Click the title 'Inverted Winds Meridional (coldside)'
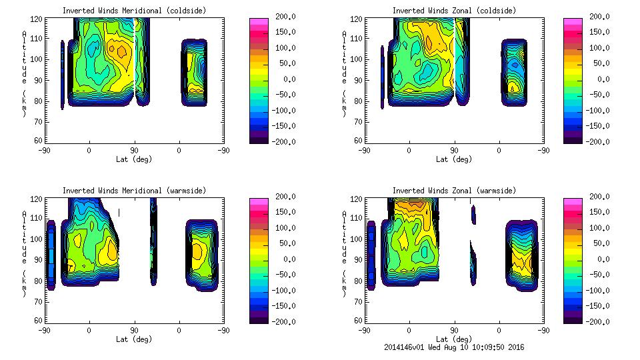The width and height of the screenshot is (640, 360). click(x=134, y=11)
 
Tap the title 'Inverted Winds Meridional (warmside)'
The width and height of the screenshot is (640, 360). click(x=134, y=191)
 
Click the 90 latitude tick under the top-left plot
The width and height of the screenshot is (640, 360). click(x=133, y=151)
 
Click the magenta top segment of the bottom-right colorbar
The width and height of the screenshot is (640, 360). click(x=573, y=201)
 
